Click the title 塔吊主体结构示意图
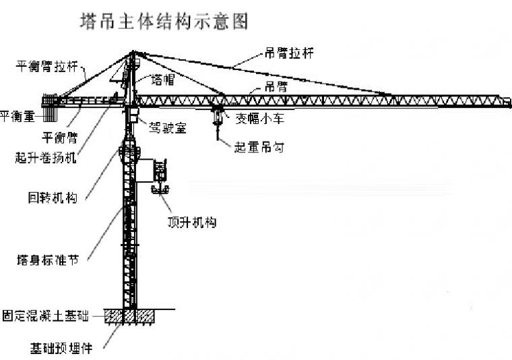tap(164, 22)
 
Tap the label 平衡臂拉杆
tap(46, 66)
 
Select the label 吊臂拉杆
tap(288, 51)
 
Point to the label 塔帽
tap(163, 80)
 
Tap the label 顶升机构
tap(191, 221)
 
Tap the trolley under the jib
tap(217, 110)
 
